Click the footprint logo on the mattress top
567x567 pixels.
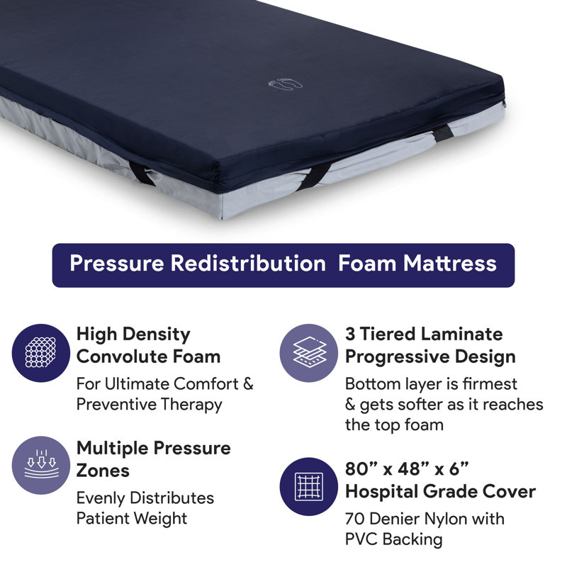pyautogui.click(x=286, y=84)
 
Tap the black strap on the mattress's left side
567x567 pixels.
pyautogui.click(x=142, y=174)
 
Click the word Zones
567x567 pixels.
pyautogui.click(x=103, y=470)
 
